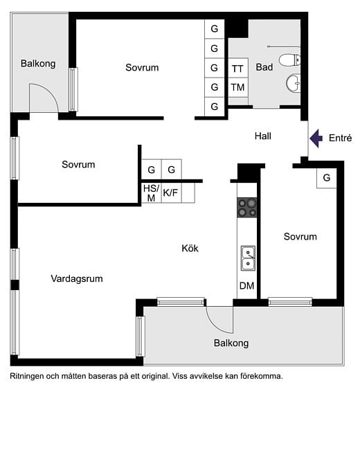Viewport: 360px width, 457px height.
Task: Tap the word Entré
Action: pyautogui.click(x=341, y=138)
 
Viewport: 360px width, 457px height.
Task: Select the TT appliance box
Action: pyautogui.click(x=237, y=69)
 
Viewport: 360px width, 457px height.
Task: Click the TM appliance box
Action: pyautogui.click(x=237, y=87)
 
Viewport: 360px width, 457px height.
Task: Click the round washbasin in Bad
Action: pyautogui.click(x=294, y=84)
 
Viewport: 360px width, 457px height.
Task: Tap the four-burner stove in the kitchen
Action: pyautogui.click(x=247, y=207)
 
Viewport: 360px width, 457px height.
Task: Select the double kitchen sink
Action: pyautogui.click(x=247, y=258)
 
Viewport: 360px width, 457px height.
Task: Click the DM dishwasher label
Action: pyautogui.click(x=246, y=285)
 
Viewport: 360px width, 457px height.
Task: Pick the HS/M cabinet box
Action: pyautogui.click(x=150, y=192)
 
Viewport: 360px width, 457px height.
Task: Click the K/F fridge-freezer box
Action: pyautogui.click(x=170, y=193)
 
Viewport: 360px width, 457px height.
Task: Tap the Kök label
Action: pyautogui.click(x=190, y=248)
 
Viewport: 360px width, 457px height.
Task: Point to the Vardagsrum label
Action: pyautogui.click(x=77, y=279)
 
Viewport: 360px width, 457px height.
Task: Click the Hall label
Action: pyautogui.click(x=262, y=136)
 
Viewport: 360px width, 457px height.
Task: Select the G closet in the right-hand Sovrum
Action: pyautogui.click(x=326, y=178)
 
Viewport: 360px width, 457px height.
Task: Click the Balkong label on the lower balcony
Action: pyautogui.click(x=231, y=343)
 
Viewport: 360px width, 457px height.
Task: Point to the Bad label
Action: pyautogui.click(x=264, y=68)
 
